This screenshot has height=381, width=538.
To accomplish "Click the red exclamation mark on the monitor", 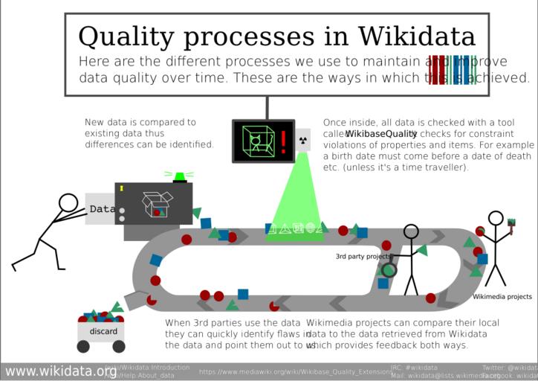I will [283, 141].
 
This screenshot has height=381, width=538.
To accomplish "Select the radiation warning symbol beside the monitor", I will [302, 140].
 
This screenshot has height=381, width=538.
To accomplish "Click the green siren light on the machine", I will [180, 176].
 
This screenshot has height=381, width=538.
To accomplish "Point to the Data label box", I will [101, 209].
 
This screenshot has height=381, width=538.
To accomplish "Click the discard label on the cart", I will [103, 331].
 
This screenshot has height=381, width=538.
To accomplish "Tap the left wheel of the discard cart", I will [83, 346].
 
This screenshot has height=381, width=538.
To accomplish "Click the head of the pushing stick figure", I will [68, 203].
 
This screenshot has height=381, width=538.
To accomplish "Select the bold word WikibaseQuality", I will [381, 134].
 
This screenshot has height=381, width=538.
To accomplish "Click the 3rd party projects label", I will [363, 257].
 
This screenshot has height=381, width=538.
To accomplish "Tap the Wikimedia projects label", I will [502, 296].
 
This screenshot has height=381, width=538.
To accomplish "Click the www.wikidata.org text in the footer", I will [59, 371].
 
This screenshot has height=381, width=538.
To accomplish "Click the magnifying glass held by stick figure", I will [389, 269].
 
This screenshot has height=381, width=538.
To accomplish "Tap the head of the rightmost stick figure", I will [496, 218].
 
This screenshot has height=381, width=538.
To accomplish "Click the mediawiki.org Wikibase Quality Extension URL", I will [294, 371].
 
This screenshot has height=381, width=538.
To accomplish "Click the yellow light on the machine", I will [121, 188].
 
